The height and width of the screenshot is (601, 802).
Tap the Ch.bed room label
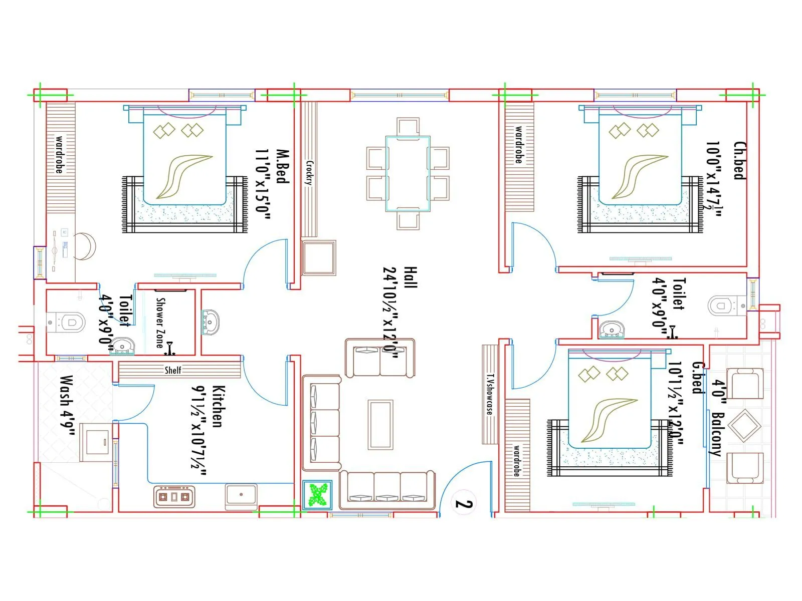[738, 161]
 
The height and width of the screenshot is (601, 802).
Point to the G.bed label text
[698, 378]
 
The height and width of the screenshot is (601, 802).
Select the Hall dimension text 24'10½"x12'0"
[390, 313]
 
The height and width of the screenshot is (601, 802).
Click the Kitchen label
[217, 406]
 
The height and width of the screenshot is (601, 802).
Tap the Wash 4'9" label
[66, 406]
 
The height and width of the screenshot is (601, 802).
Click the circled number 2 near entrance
[464, 503]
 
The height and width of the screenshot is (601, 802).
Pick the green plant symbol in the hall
[317, 495]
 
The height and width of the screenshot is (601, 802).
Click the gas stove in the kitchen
[174, 497]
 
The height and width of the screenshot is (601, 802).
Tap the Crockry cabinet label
[309, 173]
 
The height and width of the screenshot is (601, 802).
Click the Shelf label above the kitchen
[173, 370]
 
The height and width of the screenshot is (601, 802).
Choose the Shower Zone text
[160, 323]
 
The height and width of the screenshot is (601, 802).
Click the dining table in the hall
[408, 174]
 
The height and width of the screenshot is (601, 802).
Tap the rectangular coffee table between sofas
[380, 425]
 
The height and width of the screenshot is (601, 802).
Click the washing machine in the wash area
[97, 442]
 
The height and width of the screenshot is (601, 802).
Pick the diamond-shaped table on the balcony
[744, 425]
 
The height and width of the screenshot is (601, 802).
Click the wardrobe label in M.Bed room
[59, 154]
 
